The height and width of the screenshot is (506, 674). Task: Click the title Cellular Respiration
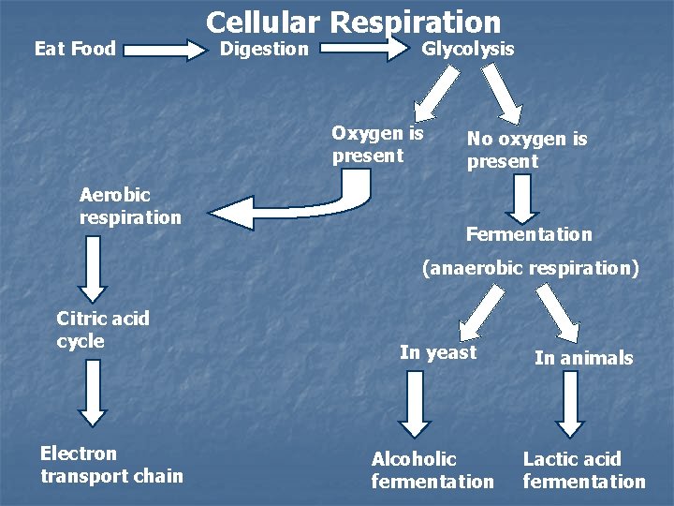(353, 22)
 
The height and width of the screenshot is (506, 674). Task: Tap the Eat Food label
(75, 49)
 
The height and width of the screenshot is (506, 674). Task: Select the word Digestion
(263, 49)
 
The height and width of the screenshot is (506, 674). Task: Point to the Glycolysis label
(468, 49)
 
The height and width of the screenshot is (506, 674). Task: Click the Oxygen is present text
(377, 144)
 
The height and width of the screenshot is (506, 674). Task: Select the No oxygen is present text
(527, 150)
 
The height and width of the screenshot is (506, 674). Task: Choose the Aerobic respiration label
(130, 206)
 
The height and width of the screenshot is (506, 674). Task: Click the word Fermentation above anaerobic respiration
(529, 234)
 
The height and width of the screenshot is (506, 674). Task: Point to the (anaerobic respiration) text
(530, 268)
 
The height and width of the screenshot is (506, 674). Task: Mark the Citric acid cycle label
(103, 330)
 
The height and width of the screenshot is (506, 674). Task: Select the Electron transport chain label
(111, 465)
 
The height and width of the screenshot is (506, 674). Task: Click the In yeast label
(438, 352)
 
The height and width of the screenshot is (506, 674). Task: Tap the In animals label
(583, 358)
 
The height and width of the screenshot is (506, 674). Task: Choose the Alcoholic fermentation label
(432, 470)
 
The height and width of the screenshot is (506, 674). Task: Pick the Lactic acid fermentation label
(583, 470)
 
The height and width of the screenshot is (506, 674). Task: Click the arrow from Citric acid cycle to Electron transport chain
(92, 392)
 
